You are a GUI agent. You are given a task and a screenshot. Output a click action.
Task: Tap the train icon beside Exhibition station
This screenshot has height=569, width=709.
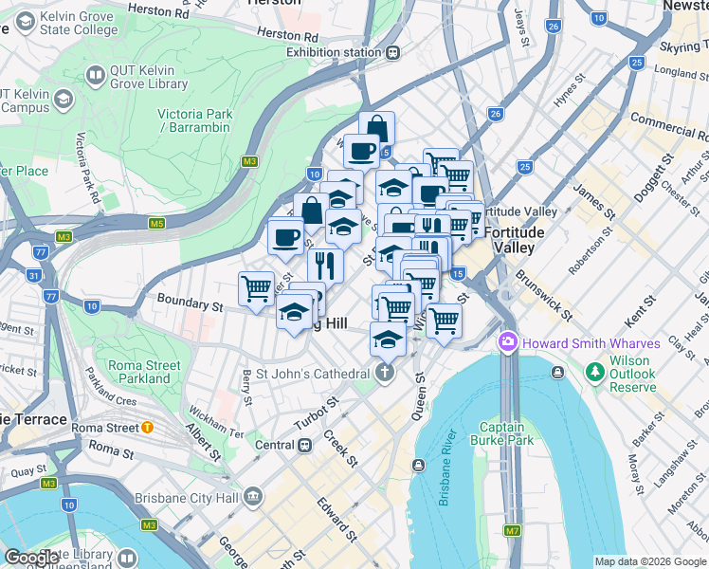[391, 53]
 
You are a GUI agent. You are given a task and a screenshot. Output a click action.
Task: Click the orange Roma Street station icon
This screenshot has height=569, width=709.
[148, 427]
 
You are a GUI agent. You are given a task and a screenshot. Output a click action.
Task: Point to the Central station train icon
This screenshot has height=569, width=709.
[304, 445]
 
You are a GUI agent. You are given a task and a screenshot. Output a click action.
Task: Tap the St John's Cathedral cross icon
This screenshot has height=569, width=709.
[385, 374]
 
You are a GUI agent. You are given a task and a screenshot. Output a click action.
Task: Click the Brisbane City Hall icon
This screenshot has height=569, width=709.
[253, 496]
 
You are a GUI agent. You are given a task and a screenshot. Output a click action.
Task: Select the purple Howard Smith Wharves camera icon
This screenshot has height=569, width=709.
[508, 340]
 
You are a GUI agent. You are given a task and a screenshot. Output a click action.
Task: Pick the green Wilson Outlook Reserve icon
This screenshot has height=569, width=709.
[594, 370]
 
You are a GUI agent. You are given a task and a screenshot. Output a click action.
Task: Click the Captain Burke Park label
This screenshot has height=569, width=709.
[506, 432]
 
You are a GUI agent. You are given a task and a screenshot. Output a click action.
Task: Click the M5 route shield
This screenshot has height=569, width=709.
[156, 224]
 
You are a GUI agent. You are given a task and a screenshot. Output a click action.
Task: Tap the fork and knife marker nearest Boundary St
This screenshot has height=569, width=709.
[325, 264]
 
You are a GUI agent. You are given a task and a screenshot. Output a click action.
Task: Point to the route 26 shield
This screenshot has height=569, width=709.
[495, 114]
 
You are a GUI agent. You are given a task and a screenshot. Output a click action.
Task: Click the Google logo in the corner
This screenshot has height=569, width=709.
[31, 558]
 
